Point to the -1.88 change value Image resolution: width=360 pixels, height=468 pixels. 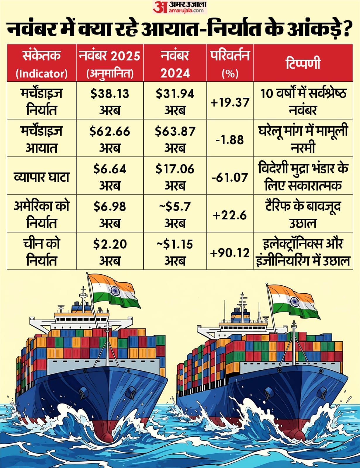(230, 140)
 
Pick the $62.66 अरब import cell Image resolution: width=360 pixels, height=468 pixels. (110, 139)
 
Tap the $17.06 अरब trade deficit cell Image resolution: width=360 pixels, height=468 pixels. (175, 177)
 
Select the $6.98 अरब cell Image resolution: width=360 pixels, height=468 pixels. (110, 214)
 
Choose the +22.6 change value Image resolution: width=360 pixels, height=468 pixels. (230, 216)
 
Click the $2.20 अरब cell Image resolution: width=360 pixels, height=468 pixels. (110, 252)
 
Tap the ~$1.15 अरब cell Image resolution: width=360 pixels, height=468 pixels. (175, 252)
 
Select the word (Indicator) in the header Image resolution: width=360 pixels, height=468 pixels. (42, 73)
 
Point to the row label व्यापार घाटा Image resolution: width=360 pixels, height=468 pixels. (42, 177)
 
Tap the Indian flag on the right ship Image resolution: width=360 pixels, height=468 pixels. (293, 301)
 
